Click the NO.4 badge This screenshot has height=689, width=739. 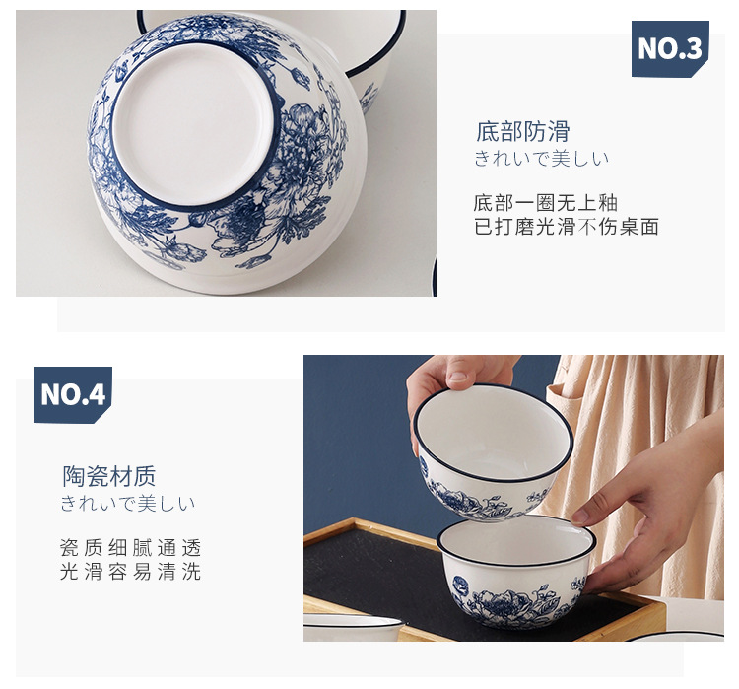tap(73, 394)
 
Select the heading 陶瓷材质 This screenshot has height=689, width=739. tap(109, 477)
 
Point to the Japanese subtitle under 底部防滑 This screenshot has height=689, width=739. tap(541, 159)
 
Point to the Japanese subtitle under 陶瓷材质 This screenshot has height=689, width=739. tap(127, 504)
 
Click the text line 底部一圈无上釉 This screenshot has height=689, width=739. tap(545, 203)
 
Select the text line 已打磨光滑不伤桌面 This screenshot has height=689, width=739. tap(566, 228)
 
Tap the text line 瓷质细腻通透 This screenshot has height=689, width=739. tap(130, 548)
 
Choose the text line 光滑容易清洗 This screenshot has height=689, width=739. tap(130, 573)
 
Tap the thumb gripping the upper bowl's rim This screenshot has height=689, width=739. tap(459, 374)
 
